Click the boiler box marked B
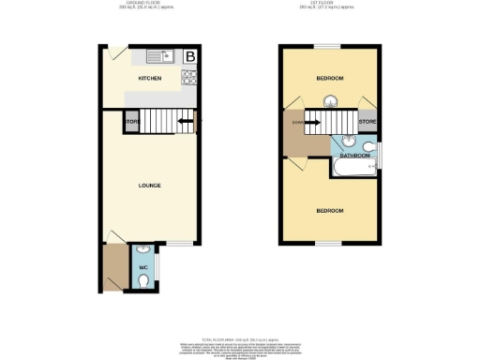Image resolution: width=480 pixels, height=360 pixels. pos(190,57)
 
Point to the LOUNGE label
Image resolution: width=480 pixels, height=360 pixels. pos(150,185)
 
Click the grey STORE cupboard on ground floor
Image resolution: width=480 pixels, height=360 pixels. pos(132,122)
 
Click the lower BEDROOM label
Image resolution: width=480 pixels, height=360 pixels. pos(330,211)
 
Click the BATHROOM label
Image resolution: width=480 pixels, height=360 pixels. pos(355,156)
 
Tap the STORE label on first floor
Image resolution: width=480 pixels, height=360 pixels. pos(367,122)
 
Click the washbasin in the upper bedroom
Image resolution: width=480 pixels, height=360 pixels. pos(331,102)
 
